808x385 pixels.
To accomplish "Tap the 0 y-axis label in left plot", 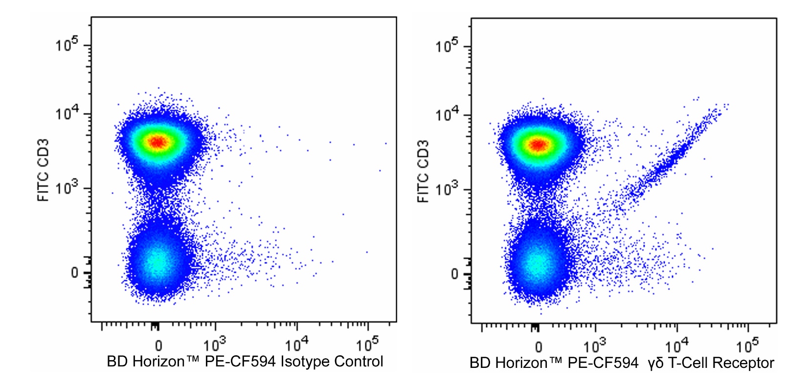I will pyautogui.click(x=74, y=273).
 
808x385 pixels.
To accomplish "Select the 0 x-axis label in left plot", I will pyautogui.click(x=158, y=346).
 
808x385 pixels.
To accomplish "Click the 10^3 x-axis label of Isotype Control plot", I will pyautogui.click(x=215, y=344).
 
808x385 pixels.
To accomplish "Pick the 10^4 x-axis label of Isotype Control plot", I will pyautogui.click(x=296, y=344).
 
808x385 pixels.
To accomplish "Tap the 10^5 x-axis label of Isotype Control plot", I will pyautogui.click(x=367, y=344).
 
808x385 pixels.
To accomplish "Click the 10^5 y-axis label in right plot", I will pyautogui.click(x=447, y=46).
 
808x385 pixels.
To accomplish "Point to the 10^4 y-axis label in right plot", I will pyautogui.click(x=447, y=115).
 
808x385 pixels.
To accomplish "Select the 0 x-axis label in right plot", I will pyautogui.click(x=539, y=347).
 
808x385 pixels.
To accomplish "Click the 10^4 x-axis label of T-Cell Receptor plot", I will pyautogui.click(x=677, y=346).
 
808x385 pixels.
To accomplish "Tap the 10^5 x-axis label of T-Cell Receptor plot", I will pyautogui.click(x=748, y=346).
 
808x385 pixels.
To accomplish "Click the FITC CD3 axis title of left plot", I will pyautogui.click(x=43, y=170).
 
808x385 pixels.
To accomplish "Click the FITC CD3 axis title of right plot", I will pyautogui.click(x=423, y=171).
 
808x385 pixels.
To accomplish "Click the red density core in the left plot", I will pyautogui.click(x=157, y=142).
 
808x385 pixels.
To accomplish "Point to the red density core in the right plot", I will pyautogui.click(x=538, y=145).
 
